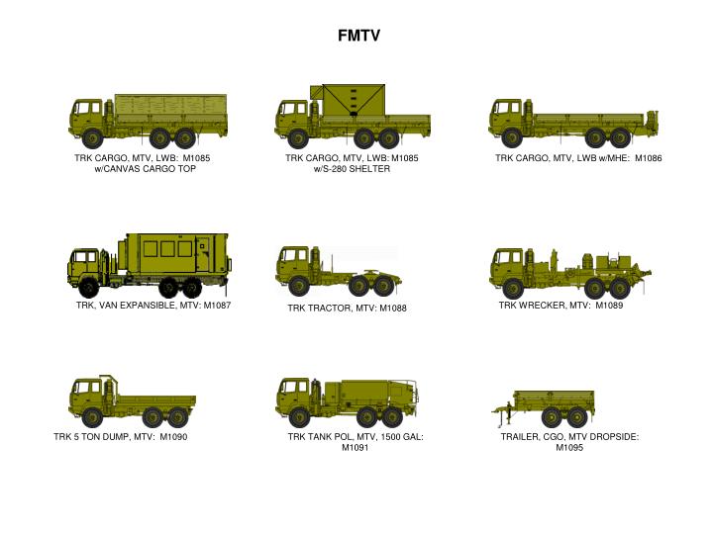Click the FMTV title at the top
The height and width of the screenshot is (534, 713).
(357, 37)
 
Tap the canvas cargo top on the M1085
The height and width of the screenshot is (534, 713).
(170, 105)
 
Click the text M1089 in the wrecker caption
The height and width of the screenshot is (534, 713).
(609, 306)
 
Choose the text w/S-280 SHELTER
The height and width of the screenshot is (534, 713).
(352, 169)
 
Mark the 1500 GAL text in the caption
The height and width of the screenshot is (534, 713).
(400, 437)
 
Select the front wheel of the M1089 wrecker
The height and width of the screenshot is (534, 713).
(511, 287)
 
